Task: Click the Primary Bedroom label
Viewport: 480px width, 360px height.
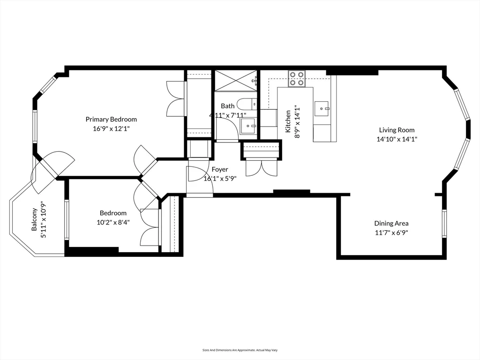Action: (x=111, y=119)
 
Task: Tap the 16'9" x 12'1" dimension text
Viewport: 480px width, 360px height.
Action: (x=111, y=128)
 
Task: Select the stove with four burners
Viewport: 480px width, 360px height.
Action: (x=297, y=78)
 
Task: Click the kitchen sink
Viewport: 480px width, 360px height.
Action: (x=322, y=108)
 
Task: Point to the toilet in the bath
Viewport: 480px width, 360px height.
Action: (x=246, y=104)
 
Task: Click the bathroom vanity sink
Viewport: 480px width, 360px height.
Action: (x=247, y=126)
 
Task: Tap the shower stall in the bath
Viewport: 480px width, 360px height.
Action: (x=236, y=80)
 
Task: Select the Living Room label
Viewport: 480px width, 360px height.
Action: (x=397, y=130)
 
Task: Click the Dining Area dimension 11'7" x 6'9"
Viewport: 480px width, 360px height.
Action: (x=391, y=232)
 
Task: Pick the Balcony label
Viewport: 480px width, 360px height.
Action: (x=34, y=220)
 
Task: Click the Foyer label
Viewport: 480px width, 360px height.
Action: (x=220, y=169)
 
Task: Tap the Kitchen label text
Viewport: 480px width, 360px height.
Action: (x=288, y=120)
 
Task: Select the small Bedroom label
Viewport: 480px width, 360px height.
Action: (x=113, y=213)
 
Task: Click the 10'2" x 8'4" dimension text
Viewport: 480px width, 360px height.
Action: (x=113, y=222)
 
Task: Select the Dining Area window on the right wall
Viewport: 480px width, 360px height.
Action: (x=444, y=224)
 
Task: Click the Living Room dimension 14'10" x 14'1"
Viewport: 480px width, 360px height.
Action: (x=397, y=139)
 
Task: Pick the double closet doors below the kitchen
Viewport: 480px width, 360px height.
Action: (x=262, y=167)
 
